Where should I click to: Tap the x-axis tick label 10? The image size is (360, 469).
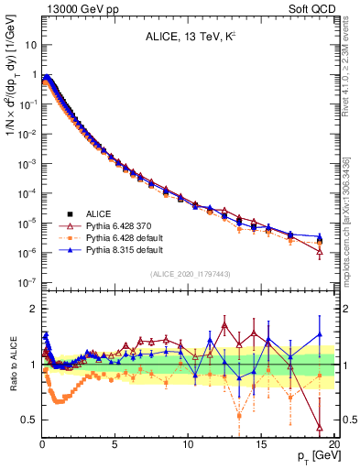coord(188,442)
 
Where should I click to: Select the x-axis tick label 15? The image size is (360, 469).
coord(261,442)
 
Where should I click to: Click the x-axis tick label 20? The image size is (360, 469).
coord(333,442)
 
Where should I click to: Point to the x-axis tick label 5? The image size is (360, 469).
coord(115,442)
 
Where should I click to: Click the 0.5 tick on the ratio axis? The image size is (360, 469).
coord(27,420)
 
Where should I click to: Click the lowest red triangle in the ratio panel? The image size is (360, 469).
coord(319,427)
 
